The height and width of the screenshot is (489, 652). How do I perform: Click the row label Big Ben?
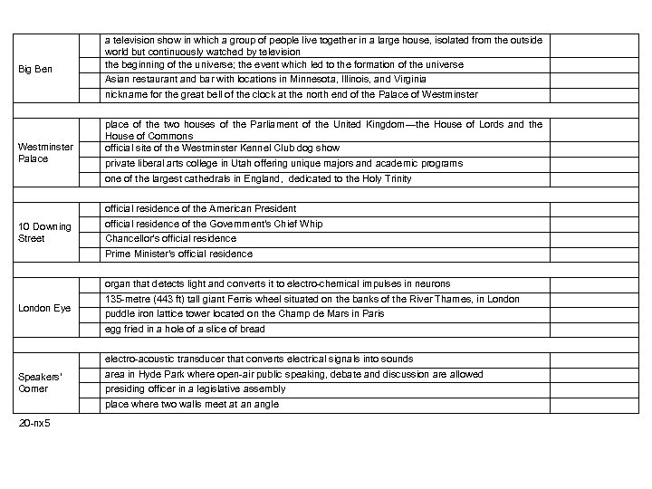click(x=37, y=69)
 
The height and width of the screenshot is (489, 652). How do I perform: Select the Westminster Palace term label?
click(x=45, y=152)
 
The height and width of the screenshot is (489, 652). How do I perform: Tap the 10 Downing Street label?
click(x=44, y=233)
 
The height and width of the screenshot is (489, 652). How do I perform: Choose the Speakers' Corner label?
click(x=41, y=383)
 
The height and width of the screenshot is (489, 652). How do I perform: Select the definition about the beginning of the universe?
click(x=283, y=65)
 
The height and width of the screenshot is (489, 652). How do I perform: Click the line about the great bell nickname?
click(x=292, y=94)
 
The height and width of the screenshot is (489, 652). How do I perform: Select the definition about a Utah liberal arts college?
click(x=283, y=163)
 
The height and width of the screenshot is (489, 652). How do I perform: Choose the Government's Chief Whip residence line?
click(x=214, y=224)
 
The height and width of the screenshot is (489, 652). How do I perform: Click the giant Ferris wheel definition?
click(x=312, y=299)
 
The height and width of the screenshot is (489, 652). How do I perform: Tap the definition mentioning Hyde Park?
click(x=293, y=374)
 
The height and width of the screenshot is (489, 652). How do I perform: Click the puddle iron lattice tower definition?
click(x=244, y=313)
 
